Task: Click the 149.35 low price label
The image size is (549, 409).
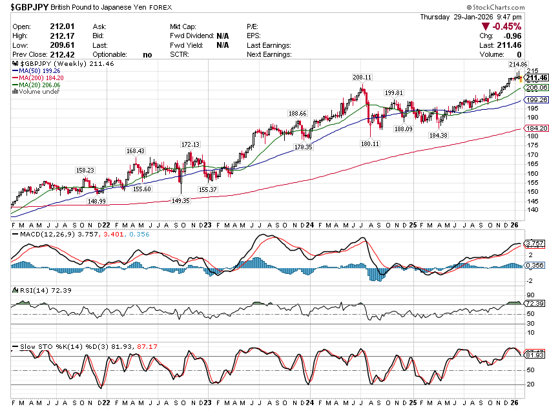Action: (x=180, y=201)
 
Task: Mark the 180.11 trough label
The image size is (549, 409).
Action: (x=370, y=144)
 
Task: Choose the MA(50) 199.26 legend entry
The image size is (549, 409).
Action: (x=40, y=71)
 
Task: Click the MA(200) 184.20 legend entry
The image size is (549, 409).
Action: (x=42, y=78)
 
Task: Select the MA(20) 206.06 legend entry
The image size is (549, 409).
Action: (x=40, y=85)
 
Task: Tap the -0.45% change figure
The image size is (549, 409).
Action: (x=507, y=26)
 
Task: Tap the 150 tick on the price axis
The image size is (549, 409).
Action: (x=533, y=191)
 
